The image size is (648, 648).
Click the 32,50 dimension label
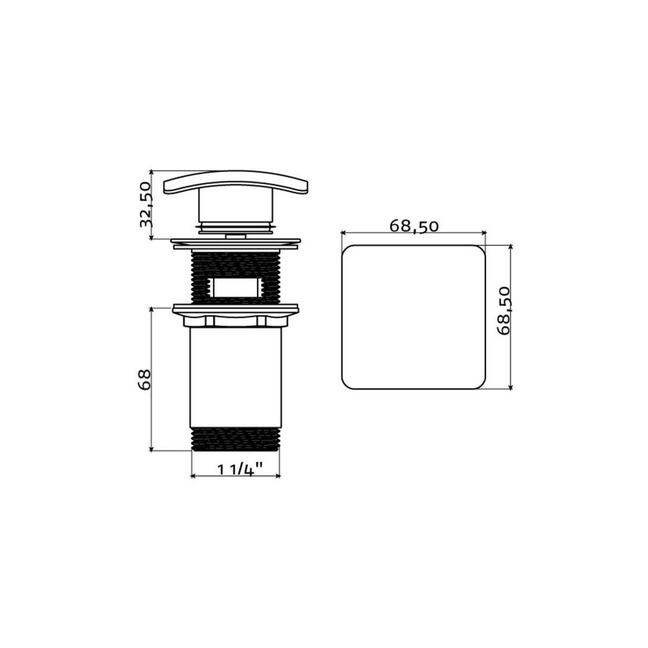click(x=145, y=204)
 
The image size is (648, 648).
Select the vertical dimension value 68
click(x=144, y=379)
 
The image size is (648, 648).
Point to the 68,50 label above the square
click(x=414, y=225)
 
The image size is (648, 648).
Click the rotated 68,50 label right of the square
click(x=504, y=310)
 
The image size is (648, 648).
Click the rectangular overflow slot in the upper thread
click(x=235, y=288)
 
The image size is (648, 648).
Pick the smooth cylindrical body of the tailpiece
click(x=235, y=378)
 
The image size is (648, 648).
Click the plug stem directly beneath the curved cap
click(x=235, y=209)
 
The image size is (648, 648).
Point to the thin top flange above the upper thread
click(x=235, y=242)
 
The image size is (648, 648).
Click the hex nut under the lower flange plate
click(x=235, y=321)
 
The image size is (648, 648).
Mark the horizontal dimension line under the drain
click(x=235, y=477)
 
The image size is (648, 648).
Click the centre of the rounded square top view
click(x=413, y=317)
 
